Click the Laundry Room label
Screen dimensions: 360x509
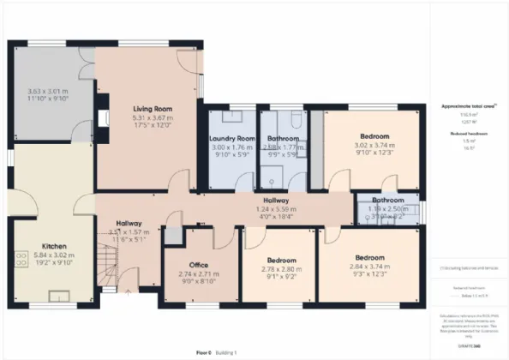click(233, 138)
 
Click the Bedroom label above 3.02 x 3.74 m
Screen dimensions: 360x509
click(372, 136)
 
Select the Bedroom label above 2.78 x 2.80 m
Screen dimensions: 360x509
click(281, 260)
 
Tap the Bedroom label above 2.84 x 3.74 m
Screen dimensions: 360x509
click(372, 256)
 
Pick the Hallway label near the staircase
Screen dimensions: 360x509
click(129, 223)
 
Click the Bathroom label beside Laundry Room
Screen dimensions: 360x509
click(282, 138)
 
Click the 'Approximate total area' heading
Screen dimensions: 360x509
click(464, 106)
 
